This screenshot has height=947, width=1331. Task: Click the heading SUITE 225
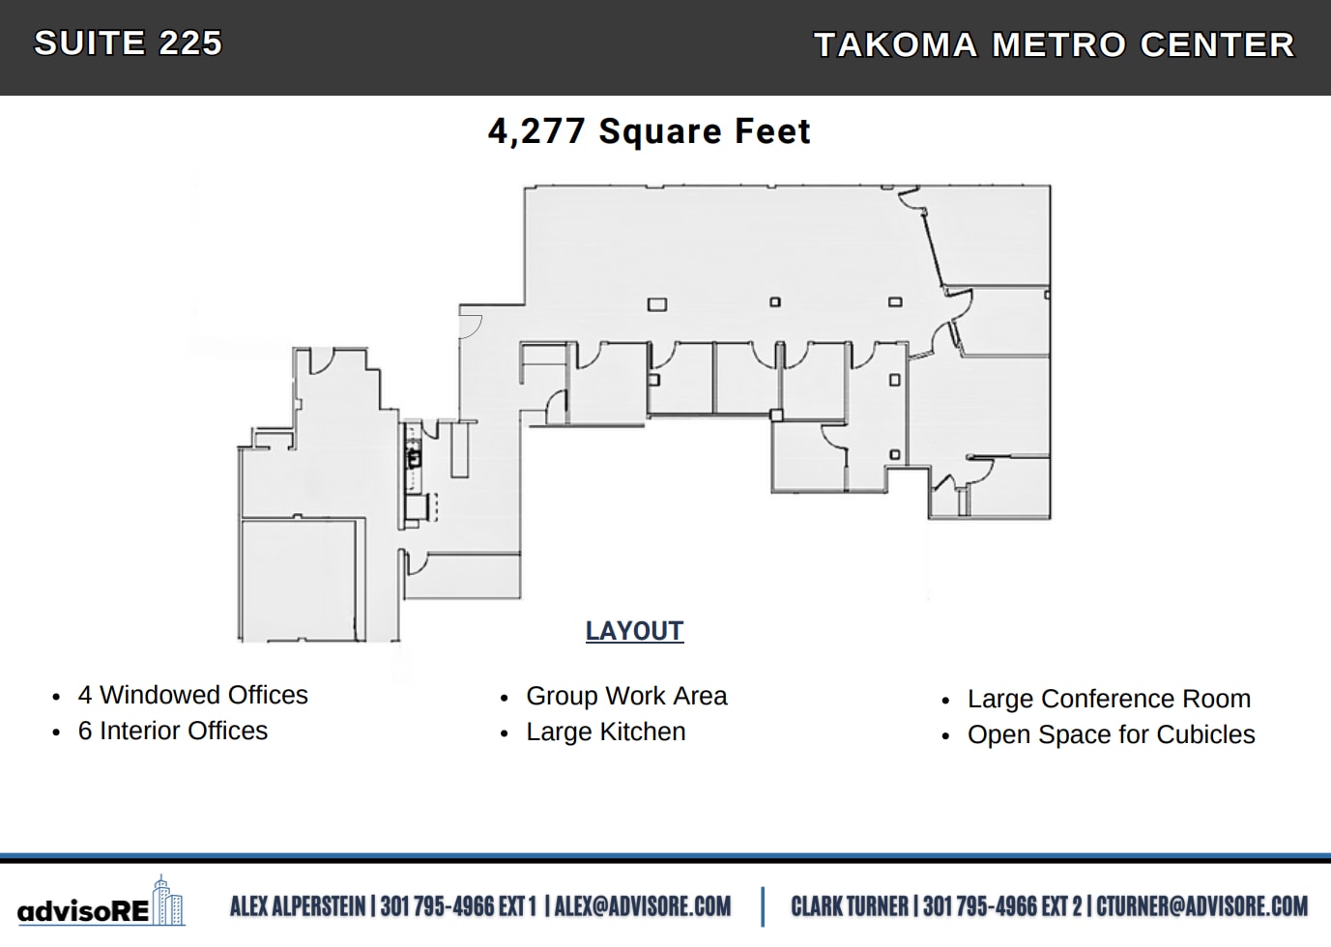(129, 43)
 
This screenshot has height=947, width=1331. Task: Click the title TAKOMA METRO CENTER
(1055, 45)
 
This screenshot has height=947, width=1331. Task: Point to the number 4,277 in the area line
(536, 131)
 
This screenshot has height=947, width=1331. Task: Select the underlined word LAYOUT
(634, 631)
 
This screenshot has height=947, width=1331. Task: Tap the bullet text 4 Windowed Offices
(192, 695)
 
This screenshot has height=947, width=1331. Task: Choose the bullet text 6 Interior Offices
(172, 731)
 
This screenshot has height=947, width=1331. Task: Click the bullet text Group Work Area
(626, 696)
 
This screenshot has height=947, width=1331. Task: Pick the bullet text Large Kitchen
(605, 732)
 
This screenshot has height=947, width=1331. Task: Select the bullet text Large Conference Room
(1109, 699)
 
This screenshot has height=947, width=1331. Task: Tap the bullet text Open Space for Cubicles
(1111, 734)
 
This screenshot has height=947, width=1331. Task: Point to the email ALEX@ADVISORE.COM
(643, 906)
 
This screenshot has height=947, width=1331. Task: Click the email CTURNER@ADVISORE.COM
(1201, 906)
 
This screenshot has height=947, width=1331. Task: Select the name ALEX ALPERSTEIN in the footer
(298, 906)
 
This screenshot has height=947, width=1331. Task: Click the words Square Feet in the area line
(705, 131)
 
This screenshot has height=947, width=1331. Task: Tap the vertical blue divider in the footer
(763, 906)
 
